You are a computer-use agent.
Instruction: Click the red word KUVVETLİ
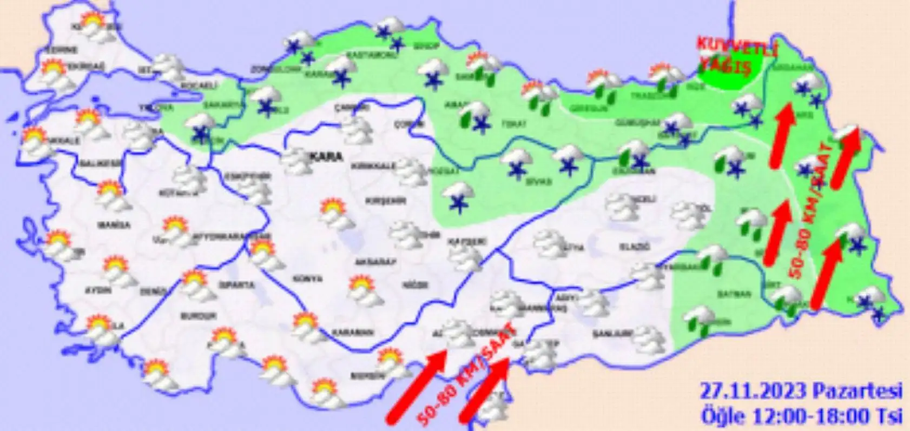point(736,47)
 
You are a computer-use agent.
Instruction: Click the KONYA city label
point(307,279)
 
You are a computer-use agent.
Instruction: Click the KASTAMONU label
point(361,55)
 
